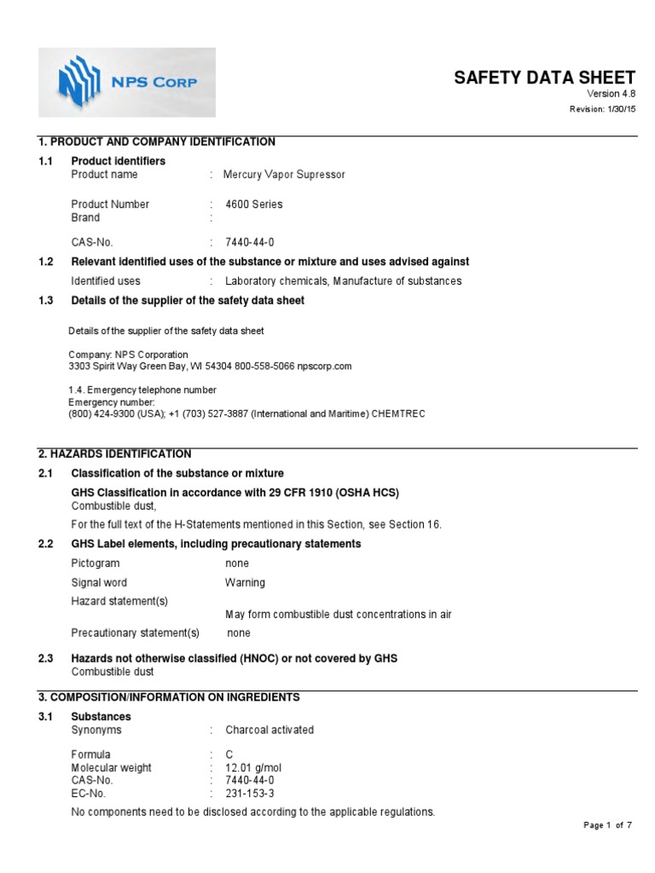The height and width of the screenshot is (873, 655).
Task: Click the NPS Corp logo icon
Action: [x=78, y=83]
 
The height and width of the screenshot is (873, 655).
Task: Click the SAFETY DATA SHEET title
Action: [x=544, y=78]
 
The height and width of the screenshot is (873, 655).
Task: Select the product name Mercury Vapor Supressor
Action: [x=284, y=175]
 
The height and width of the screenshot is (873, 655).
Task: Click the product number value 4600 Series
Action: [x=254, y=205]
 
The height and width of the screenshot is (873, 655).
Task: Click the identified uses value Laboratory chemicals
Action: [x=277, y=281]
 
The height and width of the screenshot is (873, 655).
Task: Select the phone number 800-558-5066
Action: [x=265, y=366]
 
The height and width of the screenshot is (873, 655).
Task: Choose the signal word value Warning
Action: [x=245, y=583]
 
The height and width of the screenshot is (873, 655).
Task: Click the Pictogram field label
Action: [x=96, y=564]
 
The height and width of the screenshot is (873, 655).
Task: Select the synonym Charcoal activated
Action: [x=270, y=730]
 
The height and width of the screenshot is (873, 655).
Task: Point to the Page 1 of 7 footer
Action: [x=607, y=825]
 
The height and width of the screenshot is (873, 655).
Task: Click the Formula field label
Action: [x=90, y=755]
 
